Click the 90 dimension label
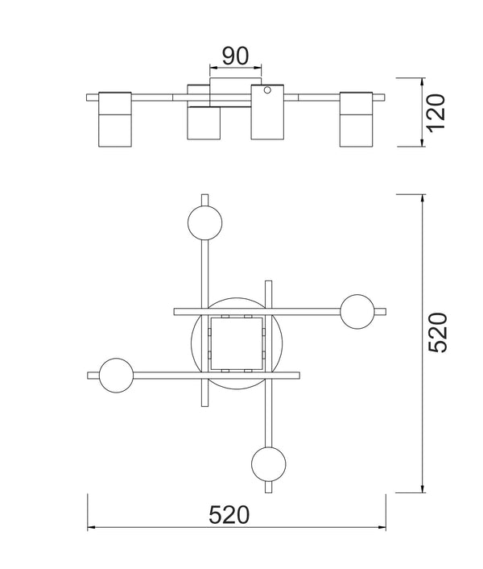point(235,56)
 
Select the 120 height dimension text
point(435,113)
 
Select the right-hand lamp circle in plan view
point(357,311)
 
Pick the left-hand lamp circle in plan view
point(116,375)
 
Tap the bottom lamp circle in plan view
point(268,464)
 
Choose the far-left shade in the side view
point(114,119)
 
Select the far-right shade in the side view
point(357,119)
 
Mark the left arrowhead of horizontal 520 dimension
point(90,528)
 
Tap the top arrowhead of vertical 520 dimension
point(423,197)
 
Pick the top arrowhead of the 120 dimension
point(423,81)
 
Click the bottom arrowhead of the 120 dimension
point(423,144)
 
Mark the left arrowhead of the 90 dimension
point(212,67)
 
